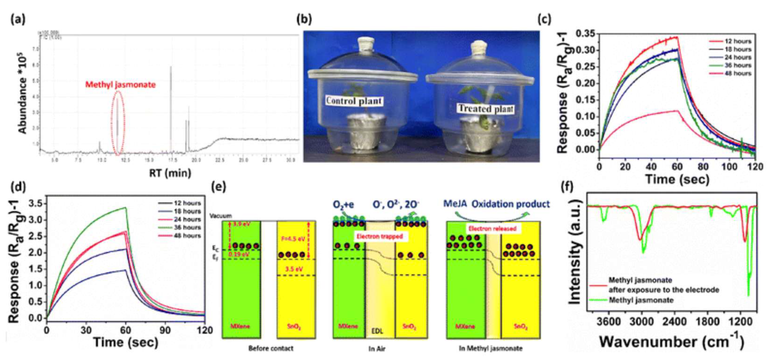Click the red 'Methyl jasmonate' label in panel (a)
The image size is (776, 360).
click(x=121, y=85)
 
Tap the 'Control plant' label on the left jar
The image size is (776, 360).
click(x=354, y=101)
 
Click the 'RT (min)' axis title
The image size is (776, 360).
click(x=170, y=173)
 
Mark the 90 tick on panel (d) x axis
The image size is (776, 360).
click(x=165, y=330)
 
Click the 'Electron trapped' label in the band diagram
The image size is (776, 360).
click(x=380, y=236)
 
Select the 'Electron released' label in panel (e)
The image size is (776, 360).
click(x=493, y=229)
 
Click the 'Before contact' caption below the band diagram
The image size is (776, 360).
click(x=270, y=348)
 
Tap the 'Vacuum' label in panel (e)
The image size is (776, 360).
click(x=221, y=216)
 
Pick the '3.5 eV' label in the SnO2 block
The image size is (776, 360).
click(x=294, y=269)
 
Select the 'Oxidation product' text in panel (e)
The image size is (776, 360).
click(x=510, y=204)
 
